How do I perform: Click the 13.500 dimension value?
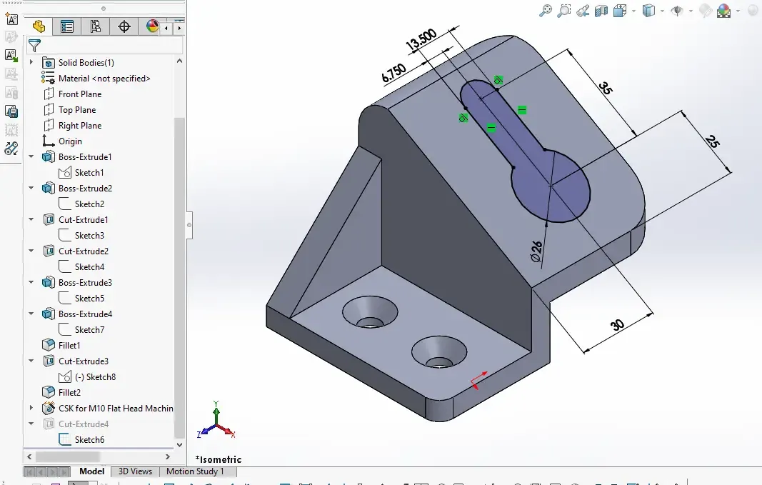tap(421, 40)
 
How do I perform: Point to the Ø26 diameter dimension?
tap(536, 251)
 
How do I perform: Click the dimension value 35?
tap(606, 87)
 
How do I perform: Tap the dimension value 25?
tap(713, 141)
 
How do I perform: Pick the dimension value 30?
tap(617, 324)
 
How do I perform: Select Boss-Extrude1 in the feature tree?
tap(85, 157)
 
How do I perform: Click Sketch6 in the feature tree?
tap(89, 440)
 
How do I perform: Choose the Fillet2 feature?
tap(69, 393)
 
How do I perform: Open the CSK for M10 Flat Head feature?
tap(116, 409)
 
